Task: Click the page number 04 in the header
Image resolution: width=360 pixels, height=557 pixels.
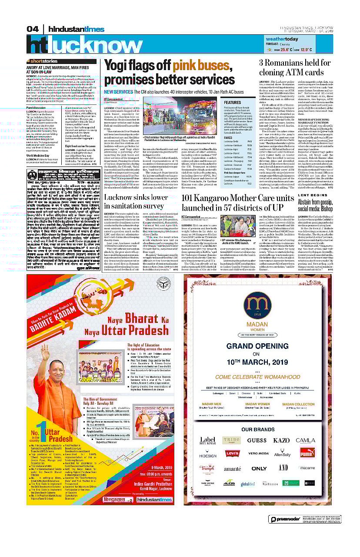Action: [x=33, y=29]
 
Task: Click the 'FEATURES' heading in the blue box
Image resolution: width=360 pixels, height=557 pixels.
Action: [x=232, y=103]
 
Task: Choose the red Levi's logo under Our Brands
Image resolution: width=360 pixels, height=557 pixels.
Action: [x=232, y=454]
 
